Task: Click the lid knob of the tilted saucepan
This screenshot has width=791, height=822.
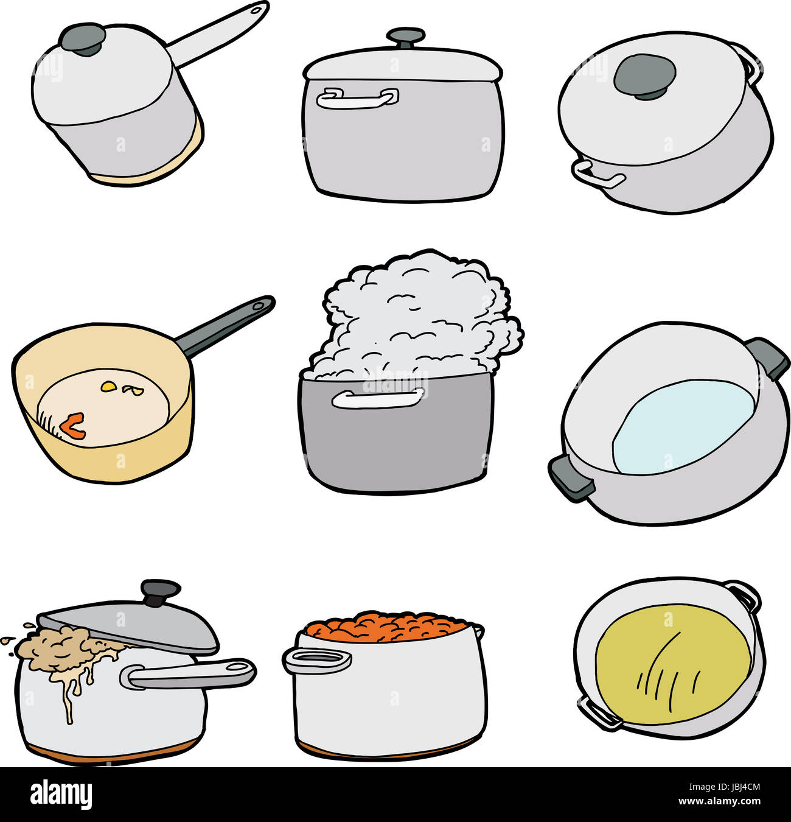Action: pyautogui.click(x=82, y=38)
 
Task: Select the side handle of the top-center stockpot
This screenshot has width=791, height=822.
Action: pyautogui.click(x=357, y=98)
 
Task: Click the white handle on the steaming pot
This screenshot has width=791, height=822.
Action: pyautogui.click(x=378, y=398)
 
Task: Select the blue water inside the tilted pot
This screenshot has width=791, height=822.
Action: pyautogui.click(x=681, y=426)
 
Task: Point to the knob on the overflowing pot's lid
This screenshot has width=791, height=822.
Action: pyautogui.click(x=161, y=591)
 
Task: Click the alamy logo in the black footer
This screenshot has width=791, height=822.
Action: pyautogui.click(x=61, y=795)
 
